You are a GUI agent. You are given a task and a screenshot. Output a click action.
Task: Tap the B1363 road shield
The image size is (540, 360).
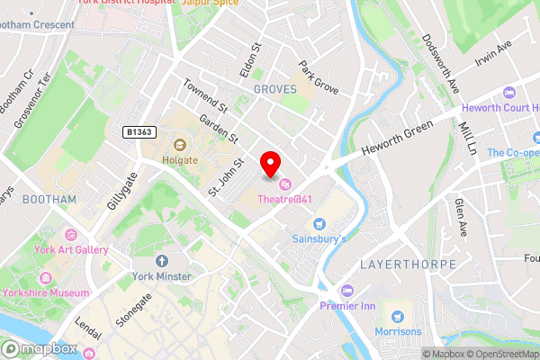(x=139, y=132)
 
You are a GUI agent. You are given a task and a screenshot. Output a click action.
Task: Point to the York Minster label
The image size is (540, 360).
(x=162, y=276)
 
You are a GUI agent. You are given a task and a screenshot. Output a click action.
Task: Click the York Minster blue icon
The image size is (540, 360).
(x=162, y=261)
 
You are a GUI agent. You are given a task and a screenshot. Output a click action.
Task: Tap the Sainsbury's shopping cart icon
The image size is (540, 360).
(x=317, y=223)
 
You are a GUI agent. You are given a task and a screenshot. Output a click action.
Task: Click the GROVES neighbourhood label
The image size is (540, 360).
(x=274, y=90)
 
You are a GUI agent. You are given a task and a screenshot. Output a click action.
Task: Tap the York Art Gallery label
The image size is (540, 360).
(x=72, y=250)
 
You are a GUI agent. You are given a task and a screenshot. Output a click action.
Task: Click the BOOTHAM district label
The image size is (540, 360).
(x=49, y=198)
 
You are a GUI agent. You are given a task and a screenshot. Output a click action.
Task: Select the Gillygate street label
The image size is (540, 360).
(x=120, y=192)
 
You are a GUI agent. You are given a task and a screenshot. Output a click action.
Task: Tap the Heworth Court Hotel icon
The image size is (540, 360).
(x=509, y=92)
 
